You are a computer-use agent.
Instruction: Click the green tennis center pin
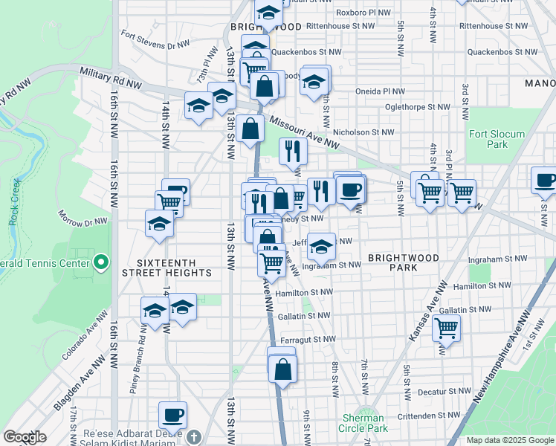point(102,262)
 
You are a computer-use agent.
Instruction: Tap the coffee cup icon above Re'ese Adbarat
point(173,415)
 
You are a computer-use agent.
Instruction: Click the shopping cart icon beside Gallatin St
point(446,326)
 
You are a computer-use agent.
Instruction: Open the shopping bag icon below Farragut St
point(282,368)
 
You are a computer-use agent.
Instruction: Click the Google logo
point(25,437)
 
